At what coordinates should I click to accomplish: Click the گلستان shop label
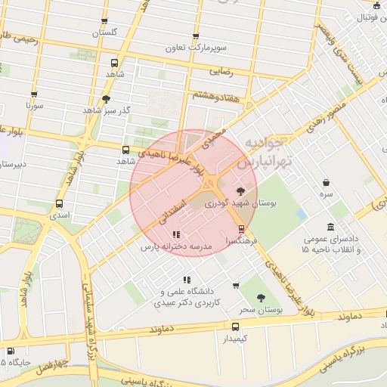105,33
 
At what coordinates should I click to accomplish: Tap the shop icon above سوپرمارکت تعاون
197,36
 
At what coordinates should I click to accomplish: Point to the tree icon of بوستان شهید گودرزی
241,191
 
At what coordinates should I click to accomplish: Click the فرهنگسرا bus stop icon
241,228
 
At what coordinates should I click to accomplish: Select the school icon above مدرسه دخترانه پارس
176,235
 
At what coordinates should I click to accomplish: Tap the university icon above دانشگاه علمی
187,280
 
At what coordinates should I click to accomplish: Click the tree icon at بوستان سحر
261,299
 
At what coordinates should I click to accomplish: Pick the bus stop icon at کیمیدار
236,327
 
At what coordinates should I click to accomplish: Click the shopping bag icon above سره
326,182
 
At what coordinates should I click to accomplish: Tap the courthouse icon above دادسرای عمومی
331,228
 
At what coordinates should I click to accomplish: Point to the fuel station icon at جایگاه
10,351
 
